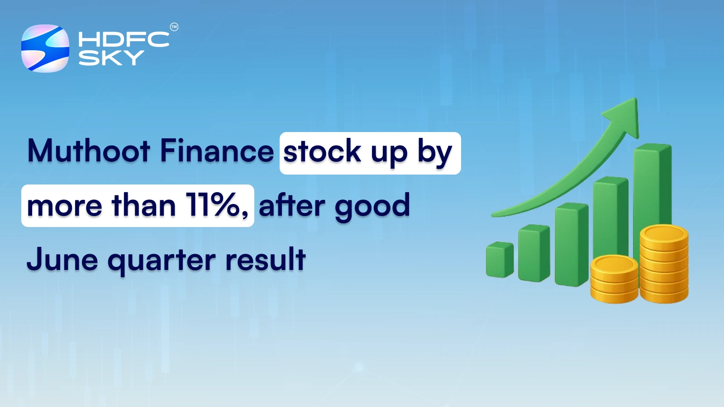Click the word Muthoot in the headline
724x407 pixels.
point(89,151)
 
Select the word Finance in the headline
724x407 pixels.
point(217,151)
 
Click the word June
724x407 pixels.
point(62,260)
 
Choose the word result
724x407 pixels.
point(265,260)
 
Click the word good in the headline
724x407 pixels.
point(372,206)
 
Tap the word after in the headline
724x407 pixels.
point(291,205)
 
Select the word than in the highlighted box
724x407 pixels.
point(144,205)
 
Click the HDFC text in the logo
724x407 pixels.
point(124,39)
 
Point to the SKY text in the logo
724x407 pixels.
point(111,58)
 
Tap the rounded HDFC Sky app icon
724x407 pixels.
point(45,48)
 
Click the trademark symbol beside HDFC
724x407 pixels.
point(174,27)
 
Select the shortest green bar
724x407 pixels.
point(499,260)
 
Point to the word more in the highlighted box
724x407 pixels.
point(64,206)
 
